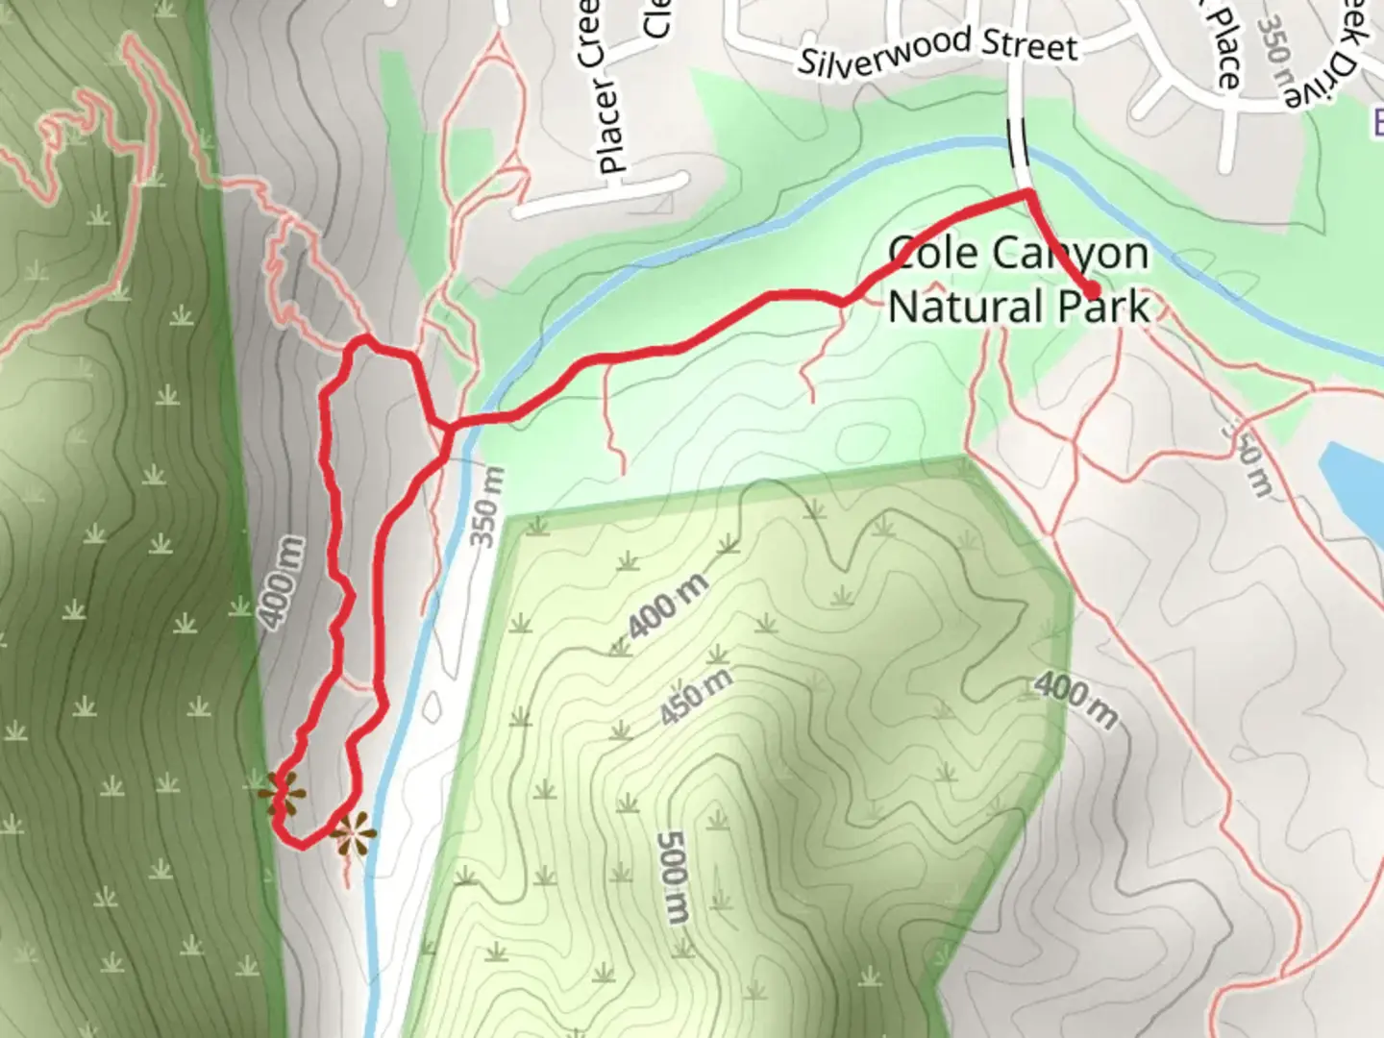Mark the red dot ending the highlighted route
coord(1093,291)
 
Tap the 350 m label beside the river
coord(487,507)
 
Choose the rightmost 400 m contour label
coord(1076,701)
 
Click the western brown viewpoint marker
coord(282,796)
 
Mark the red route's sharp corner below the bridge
coord(1028,195)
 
